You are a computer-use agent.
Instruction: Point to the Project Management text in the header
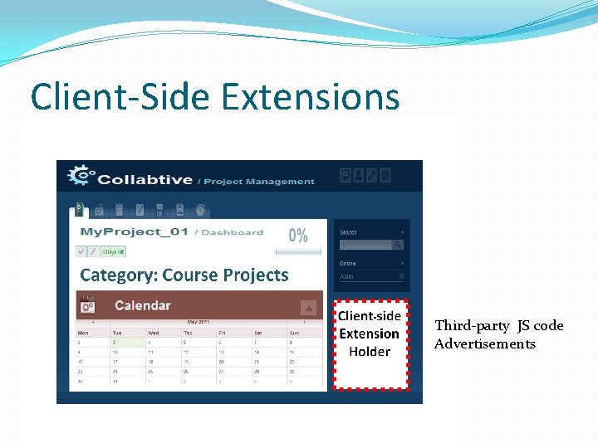pyautogui.click(x=259, y=181)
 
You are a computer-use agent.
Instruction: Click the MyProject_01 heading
pyautogui.click(x=134, y=232)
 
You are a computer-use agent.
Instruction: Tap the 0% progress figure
pyautogui.click(x=298, y=235)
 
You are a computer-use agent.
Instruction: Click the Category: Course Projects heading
pyautogui.click(x=184, y=275)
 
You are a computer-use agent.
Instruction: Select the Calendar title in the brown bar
pyautogui.click(x=142, y=305)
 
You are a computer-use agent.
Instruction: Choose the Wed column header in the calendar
pyautogui.click(x=154, y=331)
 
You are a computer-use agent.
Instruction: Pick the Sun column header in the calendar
pyautogui.click(x=294, y=331)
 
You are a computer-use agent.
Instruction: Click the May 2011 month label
pyautogui.click(x=198, y=321)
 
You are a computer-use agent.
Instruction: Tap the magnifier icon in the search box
pyautogui.click(x=398, y=245)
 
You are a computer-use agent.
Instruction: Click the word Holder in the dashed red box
pyautogui.click(x=370, y=352)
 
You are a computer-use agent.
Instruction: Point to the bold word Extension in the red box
pyautogui.click(x=370, y=334)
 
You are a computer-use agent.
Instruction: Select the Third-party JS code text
pyautogui.click(x=498, y=325)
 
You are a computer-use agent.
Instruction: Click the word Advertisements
pyautogui.click(x=485, y=343)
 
